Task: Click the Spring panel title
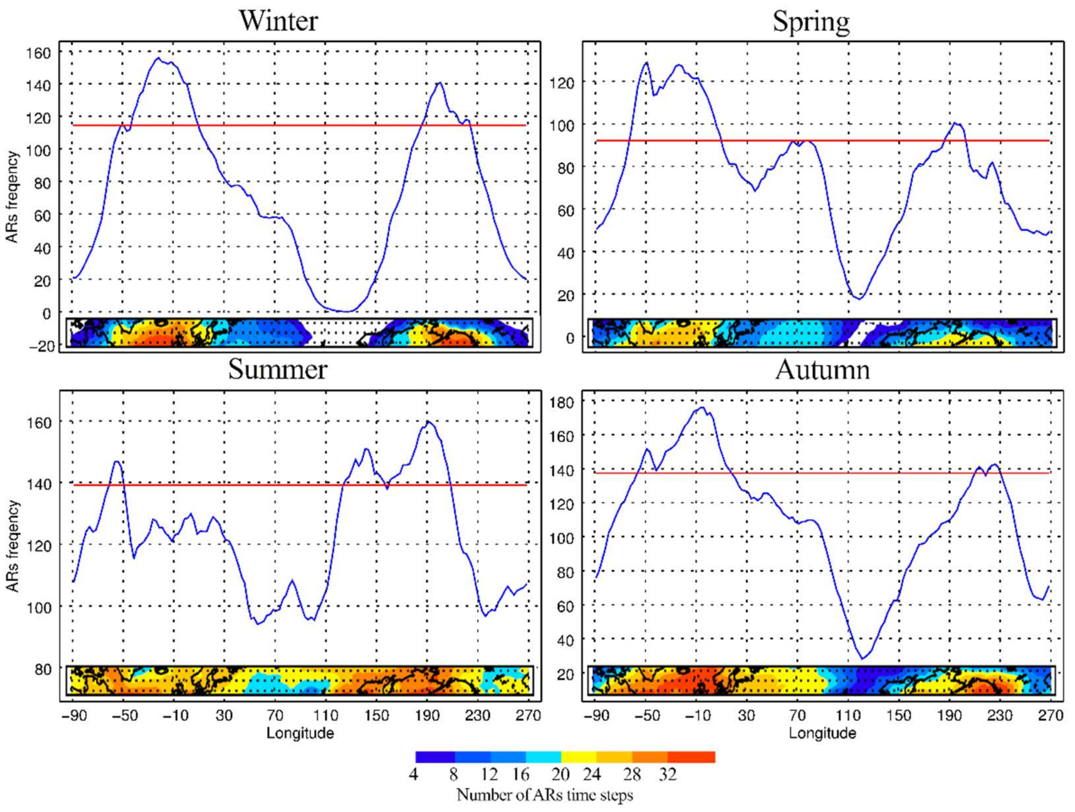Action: point(811,22)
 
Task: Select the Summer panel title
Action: point(278,369)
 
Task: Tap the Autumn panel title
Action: point(822,370)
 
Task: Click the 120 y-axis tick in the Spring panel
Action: point(563,83)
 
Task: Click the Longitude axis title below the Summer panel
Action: point(300,733)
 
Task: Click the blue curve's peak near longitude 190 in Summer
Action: point(429,421)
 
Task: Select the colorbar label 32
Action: point(668,774)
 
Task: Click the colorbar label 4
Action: point(413,774)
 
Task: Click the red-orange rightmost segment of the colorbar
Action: point(691,757)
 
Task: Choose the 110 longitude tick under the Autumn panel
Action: point(848,716)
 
